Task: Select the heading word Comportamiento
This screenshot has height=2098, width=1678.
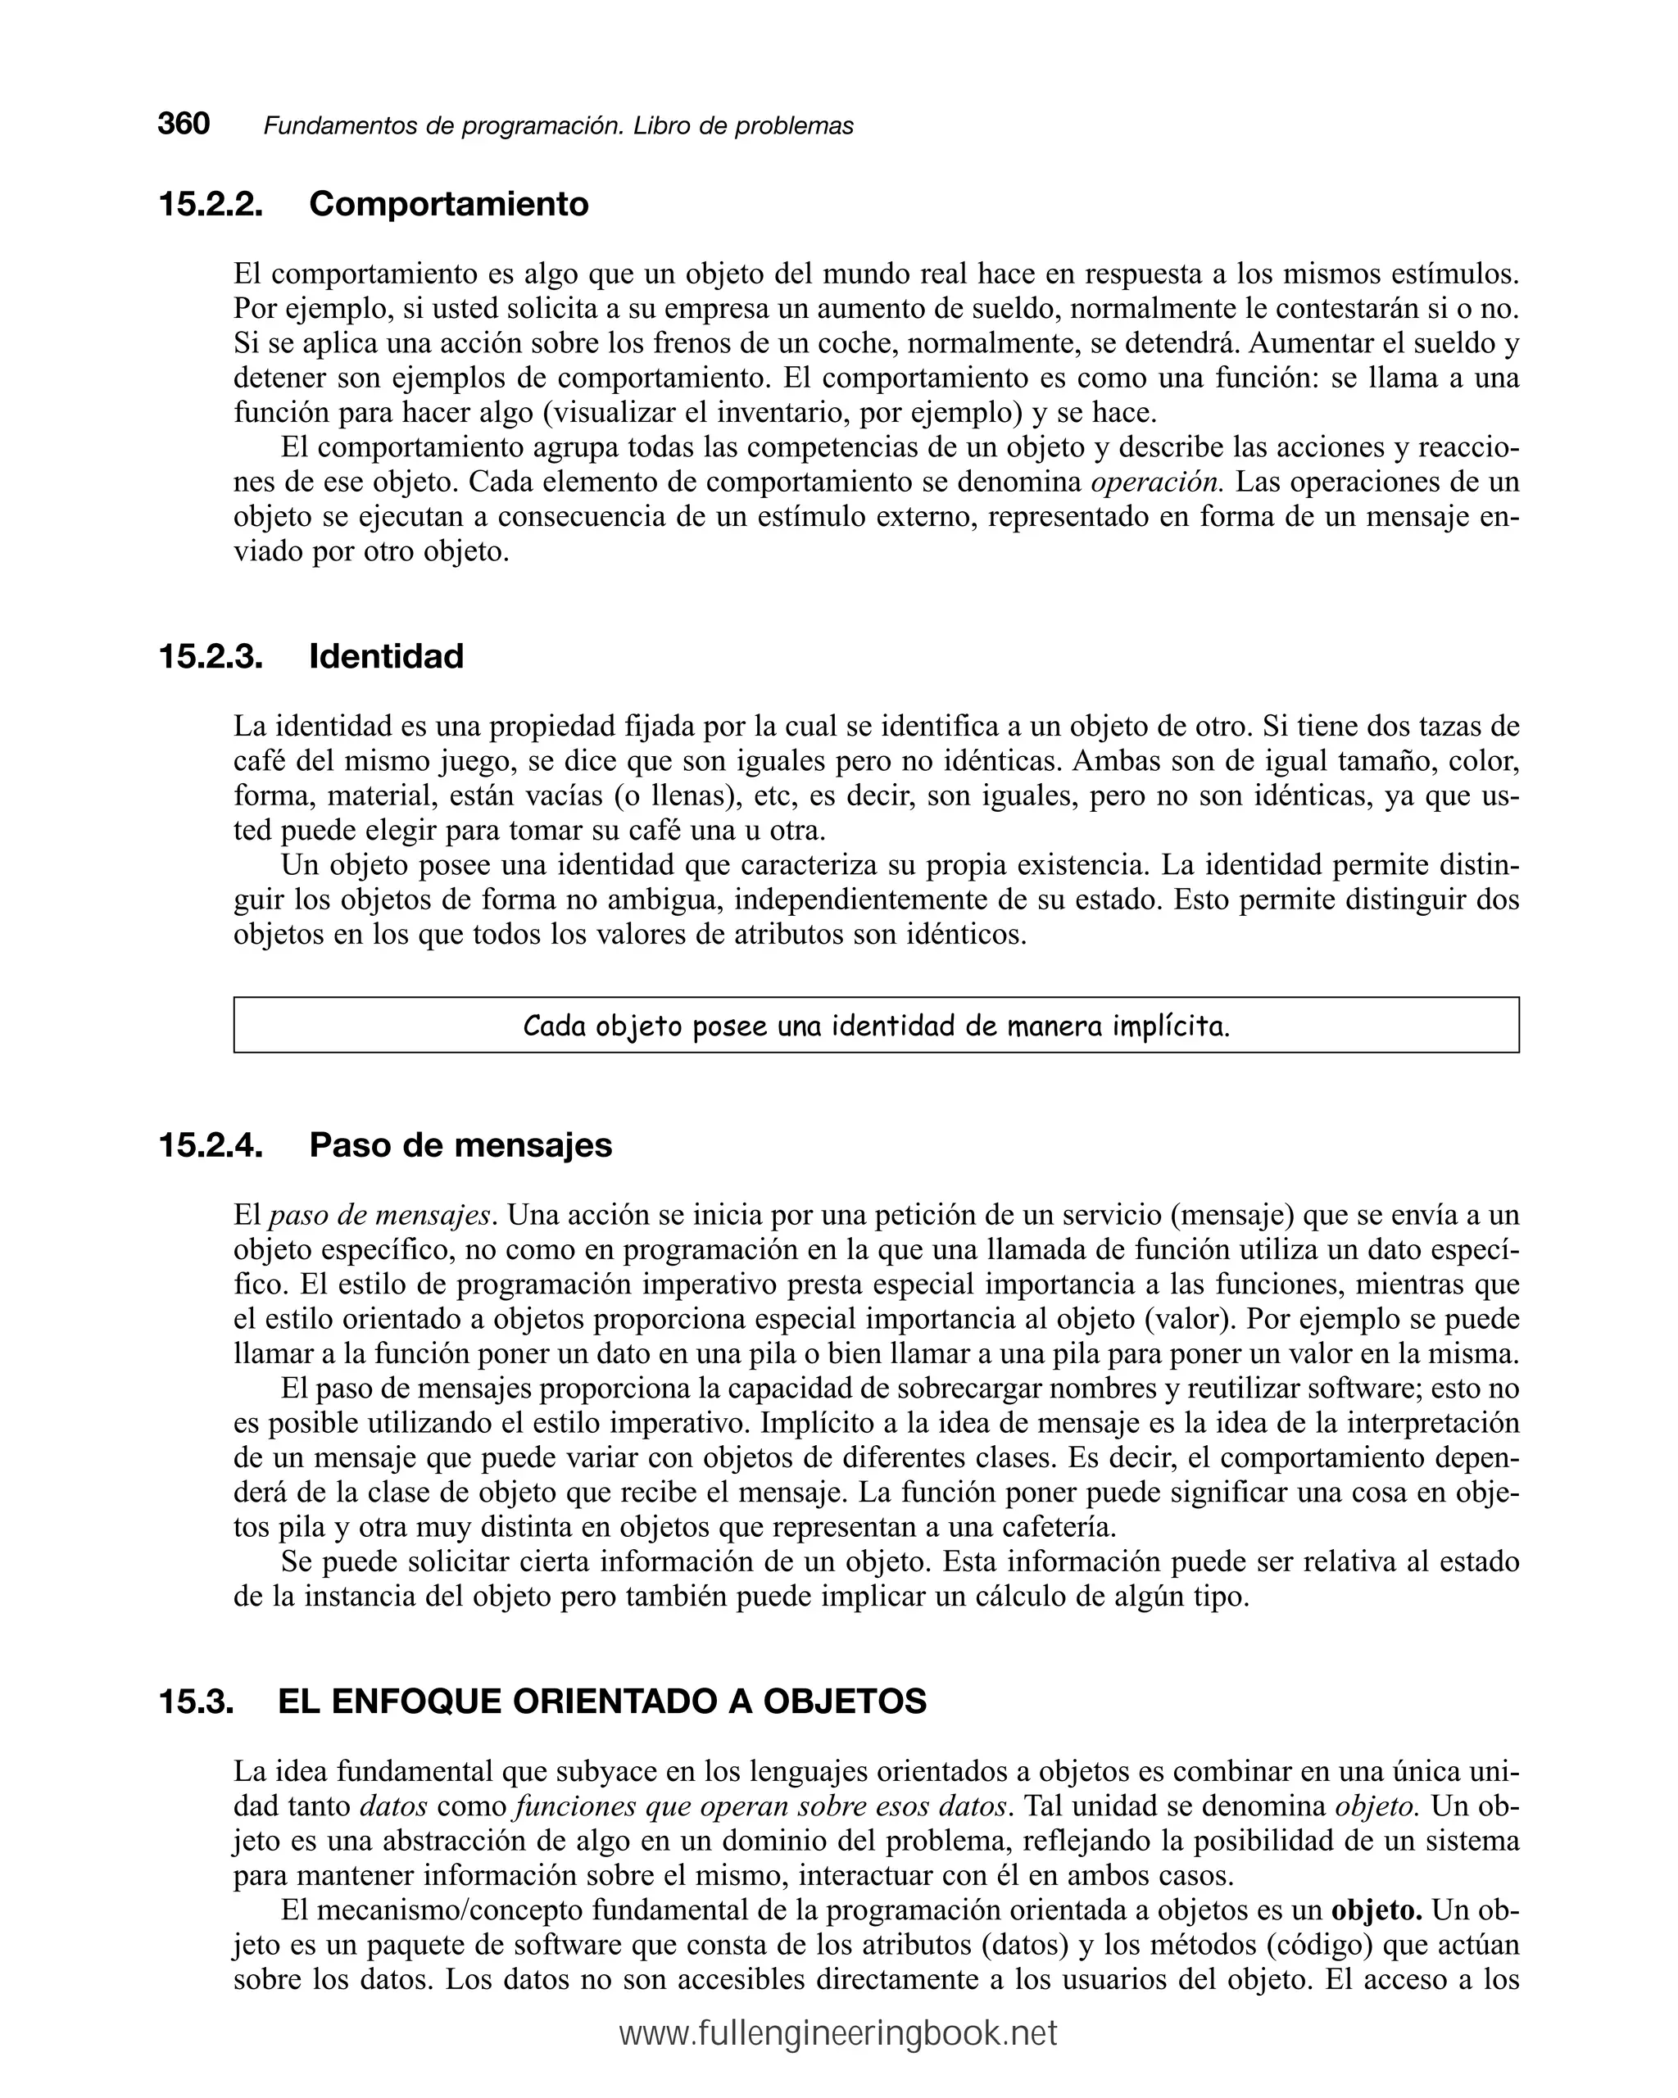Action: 449,204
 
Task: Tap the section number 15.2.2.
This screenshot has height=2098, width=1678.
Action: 211,204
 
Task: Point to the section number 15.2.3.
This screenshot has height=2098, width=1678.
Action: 211,657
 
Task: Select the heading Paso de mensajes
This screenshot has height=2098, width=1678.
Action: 460,1145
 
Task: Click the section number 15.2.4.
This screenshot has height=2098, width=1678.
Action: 211,1145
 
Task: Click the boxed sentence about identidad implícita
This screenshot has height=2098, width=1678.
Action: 875,1026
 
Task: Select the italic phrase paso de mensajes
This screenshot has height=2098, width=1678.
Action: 379,1216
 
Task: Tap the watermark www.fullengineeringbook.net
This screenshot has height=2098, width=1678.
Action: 838,2035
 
